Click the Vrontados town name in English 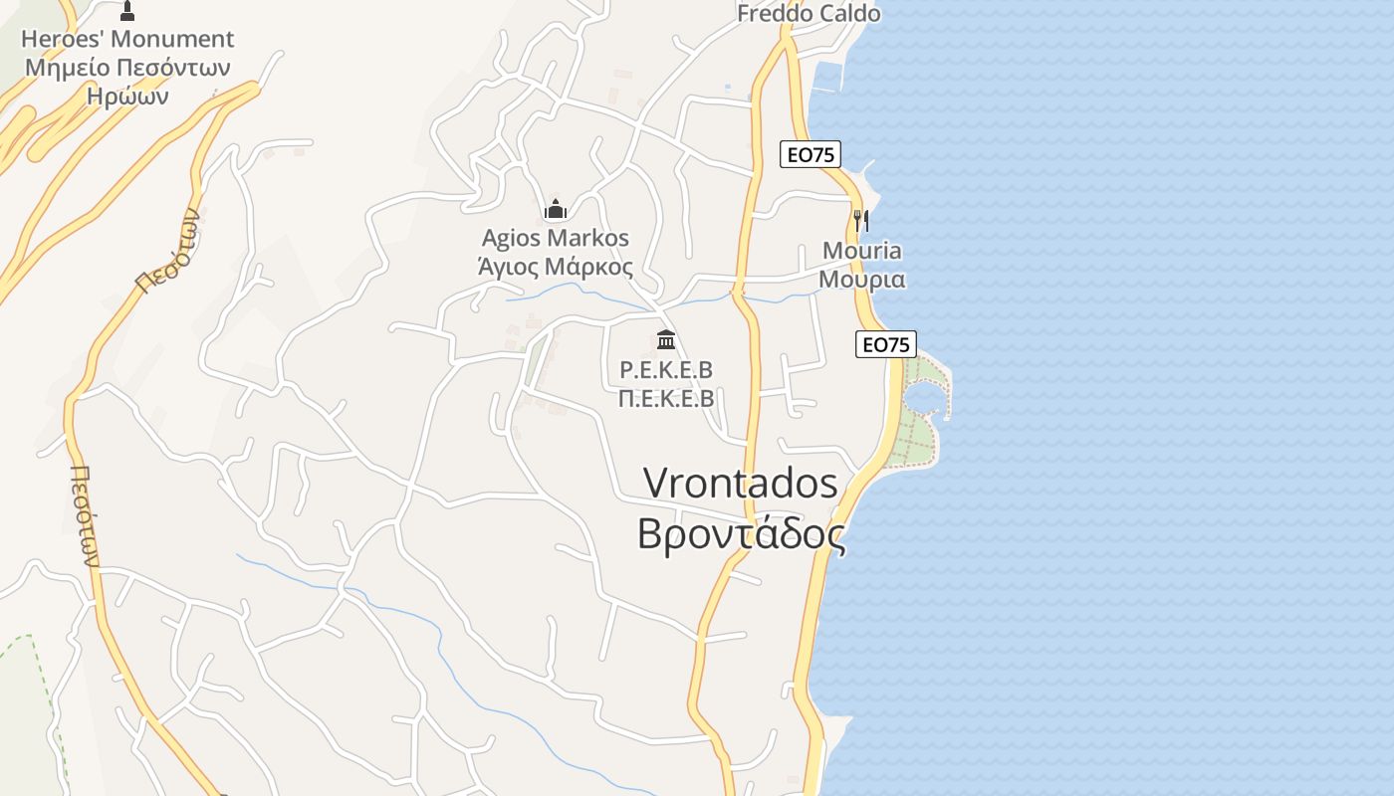[x=741, y=483]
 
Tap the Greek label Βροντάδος [x=741, y=533]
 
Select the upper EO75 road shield [x=811, y=154]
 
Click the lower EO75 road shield [x=885, y=344]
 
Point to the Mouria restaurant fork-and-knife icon [x=861, y=220]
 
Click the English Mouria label [x=862, y=250]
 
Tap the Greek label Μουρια [x=862, y=279]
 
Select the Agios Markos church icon [x=556, y=209]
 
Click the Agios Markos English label [x=556, y=238]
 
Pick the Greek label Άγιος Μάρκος [x=556, y=267]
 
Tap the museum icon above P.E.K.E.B [x=666, y=340]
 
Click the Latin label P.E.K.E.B [x=666, y=370]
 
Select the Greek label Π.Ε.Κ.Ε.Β [x=666, y=399]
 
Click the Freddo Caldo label [x=809, y=13]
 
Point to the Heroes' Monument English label [x=127, y=39]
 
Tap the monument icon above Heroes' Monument [x=126, y=11]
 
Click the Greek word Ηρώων [x=127, y=97]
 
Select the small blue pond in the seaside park [x=922, y=398]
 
